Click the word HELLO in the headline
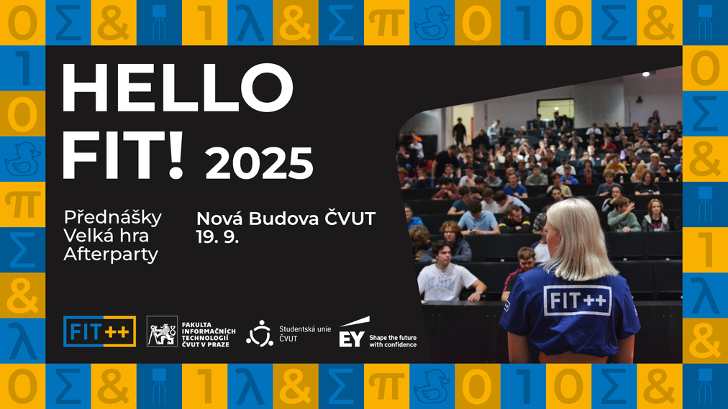click(x=178, y=88)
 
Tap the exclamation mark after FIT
click(x=176, y=155)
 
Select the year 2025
click(x=259, y=163)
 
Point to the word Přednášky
click(x=113, y=218)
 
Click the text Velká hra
click(x=106, y=236)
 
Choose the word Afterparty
click(x=111, y=254)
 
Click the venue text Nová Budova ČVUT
click(x=286, y=219)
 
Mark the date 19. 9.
click(x=217, y=236)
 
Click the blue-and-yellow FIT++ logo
click(x=99, y=331)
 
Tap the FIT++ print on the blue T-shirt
click(x=577, y=301)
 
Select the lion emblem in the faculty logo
click(x=162, y=331)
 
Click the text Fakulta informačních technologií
click(x=209, y=334)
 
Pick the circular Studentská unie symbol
click(x=260, y=334)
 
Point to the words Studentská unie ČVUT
click(x=305, y=334)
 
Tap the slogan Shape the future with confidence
click(x=393, y=341)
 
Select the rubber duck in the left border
click(x=22, y=159)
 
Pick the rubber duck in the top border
click(x=432, y=23)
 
